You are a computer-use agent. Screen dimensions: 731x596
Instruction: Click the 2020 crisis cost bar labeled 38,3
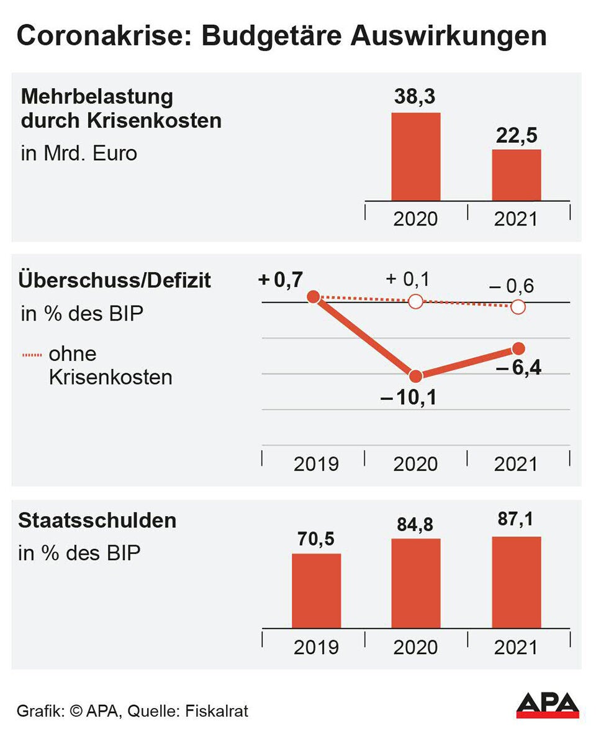pyautogui.click(x=415, y=157)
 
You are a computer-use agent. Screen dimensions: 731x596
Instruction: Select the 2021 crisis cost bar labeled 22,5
pyautogui.click(x=516, y=175)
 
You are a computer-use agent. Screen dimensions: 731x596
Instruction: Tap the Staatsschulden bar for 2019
pyautogui.click(x=316, y=591)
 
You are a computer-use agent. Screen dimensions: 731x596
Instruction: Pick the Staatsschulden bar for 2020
pyautogui.click(x=415, y=583)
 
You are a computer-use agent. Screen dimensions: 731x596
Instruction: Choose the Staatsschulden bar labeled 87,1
pyautogui.click(x=516, y=582)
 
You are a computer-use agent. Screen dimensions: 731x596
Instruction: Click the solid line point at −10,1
pyautogui.click(x=416, y=376)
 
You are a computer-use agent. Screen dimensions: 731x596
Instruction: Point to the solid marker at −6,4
pyautogui.click(x=518, y=348)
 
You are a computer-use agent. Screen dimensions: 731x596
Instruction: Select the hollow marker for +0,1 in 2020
pyautogui.click(x=415, y=302)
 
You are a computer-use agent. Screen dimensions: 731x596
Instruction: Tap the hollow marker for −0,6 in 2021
pyautogui.click(x=518, y=307)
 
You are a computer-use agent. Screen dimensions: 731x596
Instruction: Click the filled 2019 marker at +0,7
pyautogui.click(x=314, y=297)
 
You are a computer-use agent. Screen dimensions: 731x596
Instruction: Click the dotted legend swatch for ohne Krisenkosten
pyautogui.click(x=32, y=355)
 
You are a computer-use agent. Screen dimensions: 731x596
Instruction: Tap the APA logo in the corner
pyautogui.click(x=548, y=706)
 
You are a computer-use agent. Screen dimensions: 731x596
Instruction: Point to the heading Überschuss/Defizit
pyautogui.click(x=115, y=280)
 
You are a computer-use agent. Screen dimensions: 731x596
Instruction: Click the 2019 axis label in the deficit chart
pyautogui.click(x=316, y=464)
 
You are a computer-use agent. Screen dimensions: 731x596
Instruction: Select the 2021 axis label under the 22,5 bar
pyautogui.click(x=516, y=219)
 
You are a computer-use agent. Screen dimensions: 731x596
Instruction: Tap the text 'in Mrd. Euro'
pyautogui.click(x=79, y=153)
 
